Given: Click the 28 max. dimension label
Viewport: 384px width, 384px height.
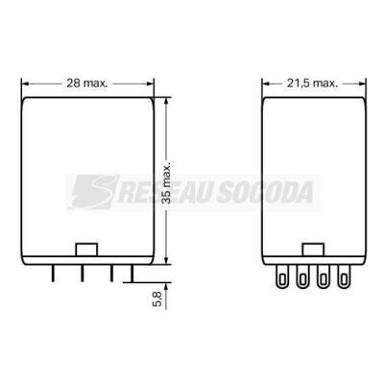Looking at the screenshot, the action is tap(87, 84).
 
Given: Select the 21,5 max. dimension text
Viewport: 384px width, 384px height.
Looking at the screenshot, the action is tap(313, 84).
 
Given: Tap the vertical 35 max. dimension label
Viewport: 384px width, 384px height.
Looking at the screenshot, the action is tap(166, 182).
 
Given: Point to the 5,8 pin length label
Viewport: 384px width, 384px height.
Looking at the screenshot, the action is tap(157, 299).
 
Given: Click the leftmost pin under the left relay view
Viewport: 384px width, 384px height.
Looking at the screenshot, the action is tap(53, 274).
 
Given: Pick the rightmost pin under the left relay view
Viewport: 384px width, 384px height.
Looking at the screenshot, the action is tap(132, 274).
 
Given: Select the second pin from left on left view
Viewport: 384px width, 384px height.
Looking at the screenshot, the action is tap(83, 274).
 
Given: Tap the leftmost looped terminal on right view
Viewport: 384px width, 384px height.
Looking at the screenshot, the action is tap(282, 276).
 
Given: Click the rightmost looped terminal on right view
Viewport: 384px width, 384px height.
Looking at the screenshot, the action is tap(344, 276).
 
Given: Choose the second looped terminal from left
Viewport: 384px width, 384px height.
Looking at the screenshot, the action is tap(302, 276).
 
